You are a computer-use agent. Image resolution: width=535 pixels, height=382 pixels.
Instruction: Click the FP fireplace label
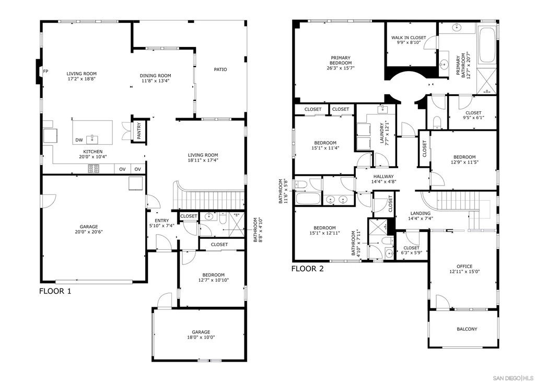pos(45,72)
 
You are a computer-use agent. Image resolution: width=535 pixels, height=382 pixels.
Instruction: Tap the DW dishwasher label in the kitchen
pos(79,140)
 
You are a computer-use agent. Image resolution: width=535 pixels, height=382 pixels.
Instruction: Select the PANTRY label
pos(139,131)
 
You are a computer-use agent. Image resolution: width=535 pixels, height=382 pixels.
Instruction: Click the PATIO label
pos(220,70)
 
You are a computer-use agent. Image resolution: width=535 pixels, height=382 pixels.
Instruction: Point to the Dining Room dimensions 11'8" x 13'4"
pos(156,81)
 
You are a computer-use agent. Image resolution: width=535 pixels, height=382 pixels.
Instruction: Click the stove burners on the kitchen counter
pos(94,169)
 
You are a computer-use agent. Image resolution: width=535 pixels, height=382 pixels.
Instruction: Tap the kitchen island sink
pos(92,140)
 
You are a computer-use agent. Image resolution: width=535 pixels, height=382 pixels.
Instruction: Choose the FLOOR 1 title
pos(55,291)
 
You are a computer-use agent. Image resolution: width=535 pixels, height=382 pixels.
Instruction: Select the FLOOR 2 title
pos(307,269)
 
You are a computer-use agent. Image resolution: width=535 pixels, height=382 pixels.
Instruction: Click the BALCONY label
pos(467,329)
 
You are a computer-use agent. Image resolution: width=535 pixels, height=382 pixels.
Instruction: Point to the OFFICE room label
pos(464,267)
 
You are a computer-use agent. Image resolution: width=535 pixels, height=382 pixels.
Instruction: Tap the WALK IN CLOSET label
pos(409,38)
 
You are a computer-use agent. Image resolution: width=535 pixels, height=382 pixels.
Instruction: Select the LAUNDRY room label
pos(382,133)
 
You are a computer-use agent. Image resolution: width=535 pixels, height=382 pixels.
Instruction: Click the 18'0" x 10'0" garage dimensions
pos(201,337)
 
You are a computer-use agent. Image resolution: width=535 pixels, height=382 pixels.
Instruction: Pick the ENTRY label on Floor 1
pos(162,221)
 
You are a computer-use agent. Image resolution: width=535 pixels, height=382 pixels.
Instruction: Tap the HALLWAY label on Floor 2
pos(383,177)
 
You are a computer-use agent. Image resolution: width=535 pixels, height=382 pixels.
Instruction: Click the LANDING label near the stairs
pos(421,213)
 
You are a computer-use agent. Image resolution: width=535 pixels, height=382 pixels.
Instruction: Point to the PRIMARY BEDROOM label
pos(341,61)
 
